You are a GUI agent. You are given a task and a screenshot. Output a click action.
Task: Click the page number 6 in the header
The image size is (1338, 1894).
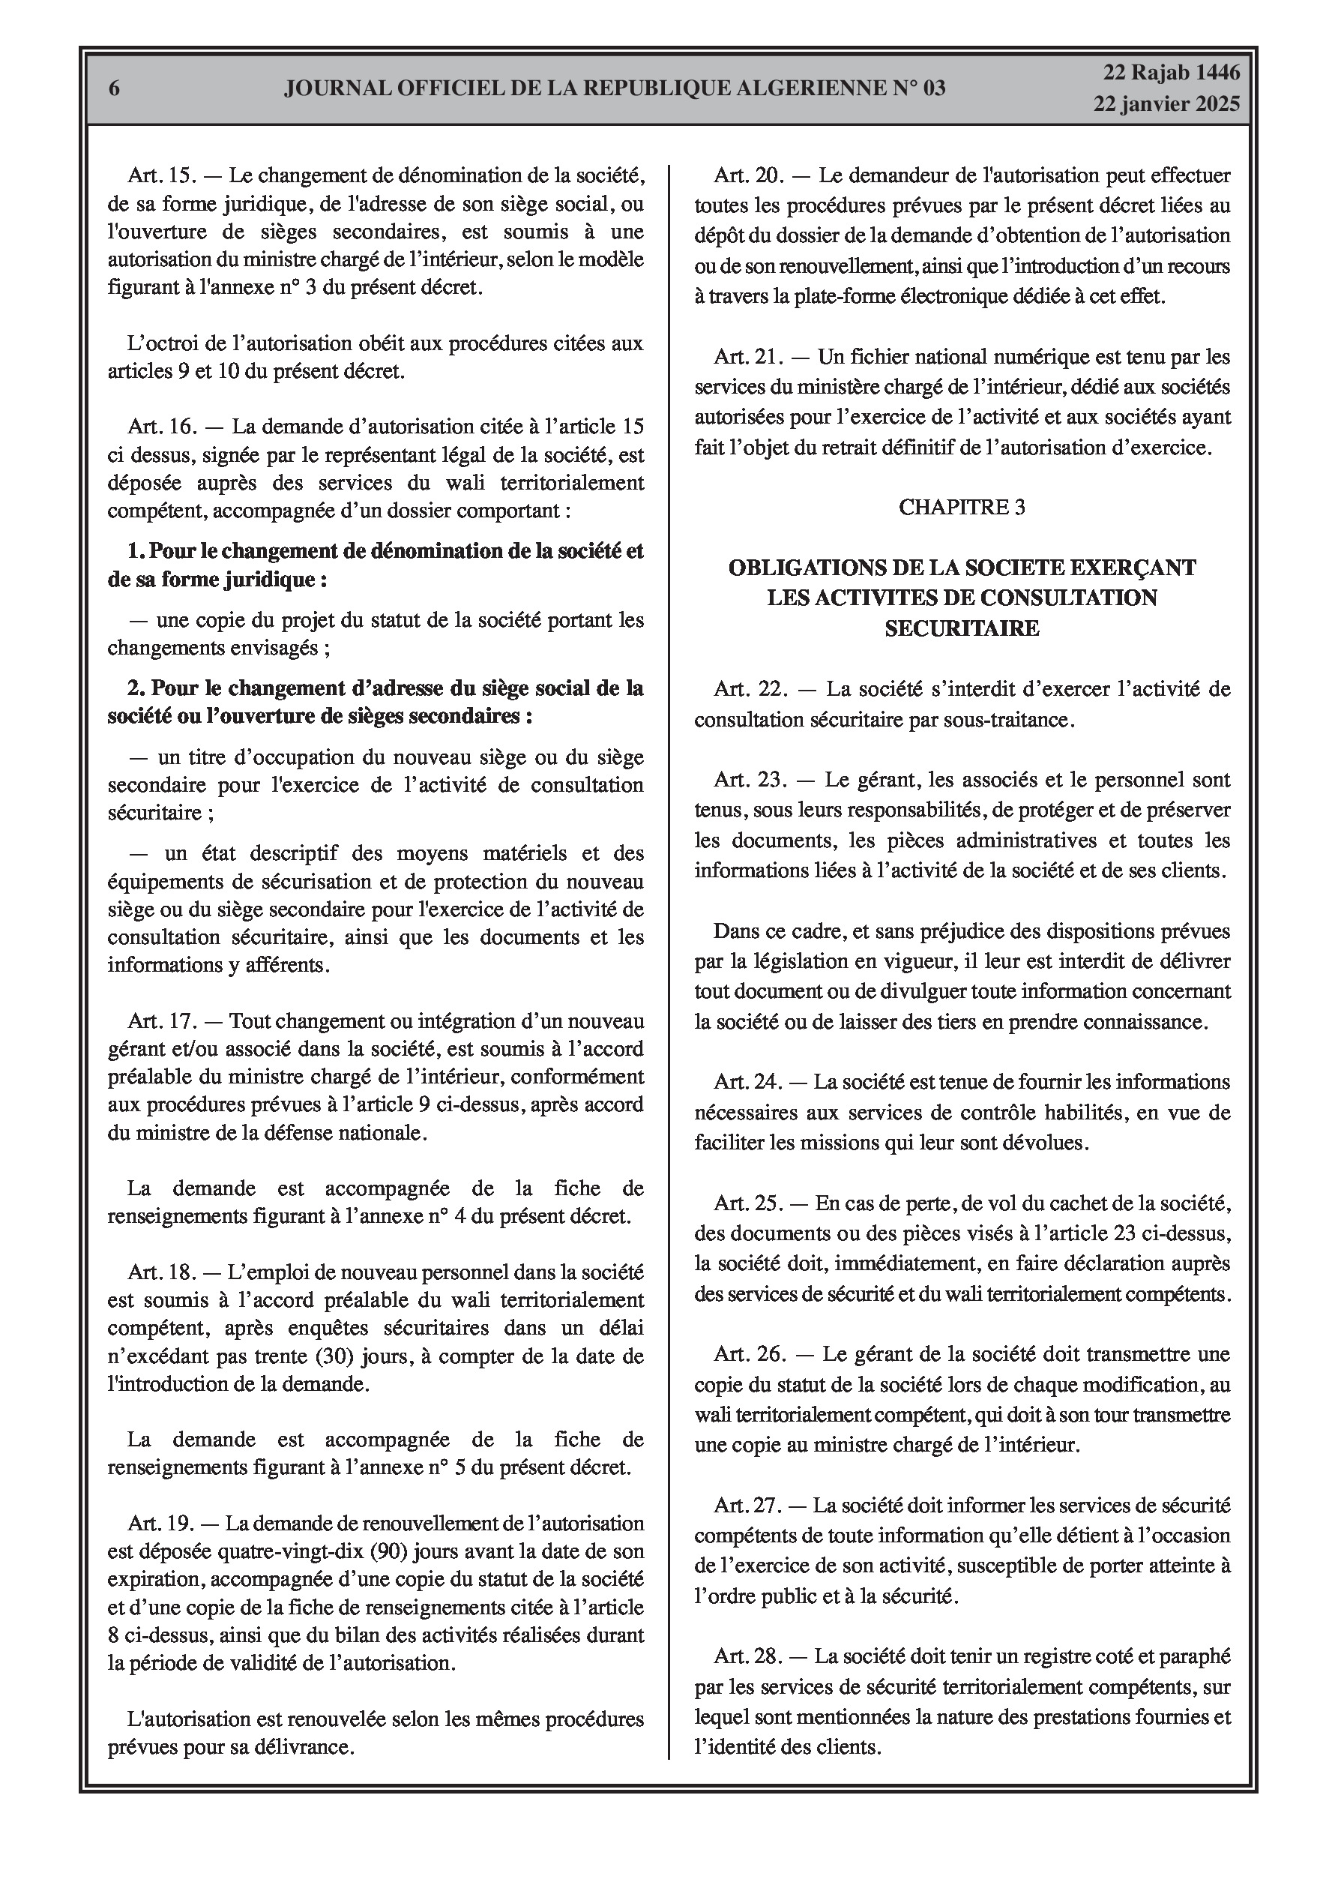(114, 89)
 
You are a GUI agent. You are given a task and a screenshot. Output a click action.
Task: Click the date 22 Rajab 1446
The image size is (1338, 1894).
(1171, 73)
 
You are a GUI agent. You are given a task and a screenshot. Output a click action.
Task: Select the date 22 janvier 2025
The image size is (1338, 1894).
(1166, 105)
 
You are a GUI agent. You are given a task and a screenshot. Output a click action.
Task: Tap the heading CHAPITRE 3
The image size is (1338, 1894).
(961, 508)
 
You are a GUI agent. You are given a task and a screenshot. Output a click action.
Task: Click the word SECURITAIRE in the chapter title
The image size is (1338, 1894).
(962, 628)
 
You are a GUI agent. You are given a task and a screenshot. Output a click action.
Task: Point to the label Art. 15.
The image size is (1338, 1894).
(160, 175)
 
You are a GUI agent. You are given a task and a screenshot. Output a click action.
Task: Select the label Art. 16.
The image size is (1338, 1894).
(160, 427)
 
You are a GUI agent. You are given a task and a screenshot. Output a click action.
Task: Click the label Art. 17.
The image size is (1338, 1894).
(160, 1021)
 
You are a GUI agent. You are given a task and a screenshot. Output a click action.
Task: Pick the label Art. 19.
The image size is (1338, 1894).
(160, 1523)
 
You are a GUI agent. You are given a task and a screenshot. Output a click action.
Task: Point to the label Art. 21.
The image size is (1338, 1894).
(746, 357)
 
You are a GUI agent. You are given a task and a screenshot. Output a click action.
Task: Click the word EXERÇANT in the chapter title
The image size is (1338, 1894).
(1130, 568)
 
